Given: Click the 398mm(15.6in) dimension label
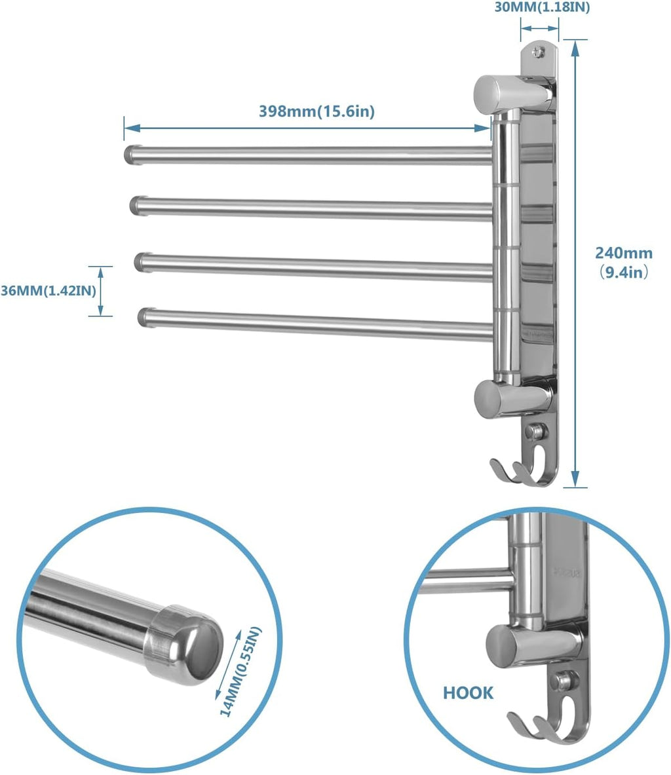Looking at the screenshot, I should coord(316,111).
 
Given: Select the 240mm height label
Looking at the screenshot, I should coord(623,253).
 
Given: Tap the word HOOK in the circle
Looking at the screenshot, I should coord(468,692).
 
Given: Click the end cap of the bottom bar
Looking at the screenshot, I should coord(146,316).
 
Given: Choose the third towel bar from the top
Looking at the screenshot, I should coord(315,267).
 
